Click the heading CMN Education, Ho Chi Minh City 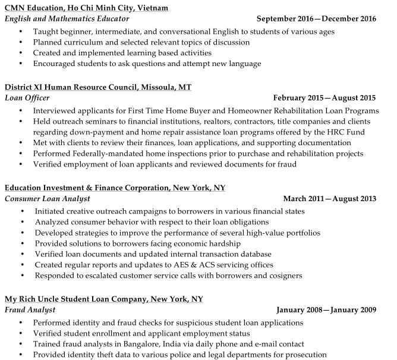click(86, 8)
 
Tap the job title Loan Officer click(27, 98)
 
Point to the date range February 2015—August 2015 click(324, 98)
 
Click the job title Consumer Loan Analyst click(48, 199)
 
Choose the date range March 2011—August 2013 click(330, 199)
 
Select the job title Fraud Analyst click(30, 310)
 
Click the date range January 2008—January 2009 click(326, 310)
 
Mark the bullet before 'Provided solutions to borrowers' click(22, 243)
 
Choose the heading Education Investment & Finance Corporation click(115, 187)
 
